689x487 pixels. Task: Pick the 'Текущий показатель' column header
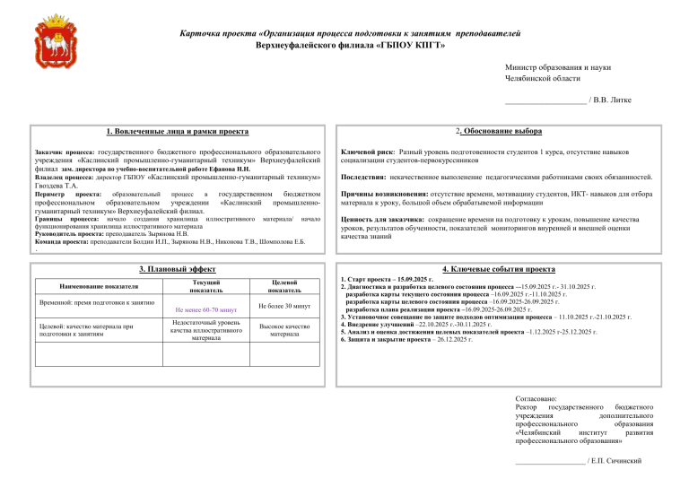tap(207, 286)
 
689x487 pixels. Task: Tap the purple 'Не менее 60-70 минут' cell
tap(207, 309)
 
